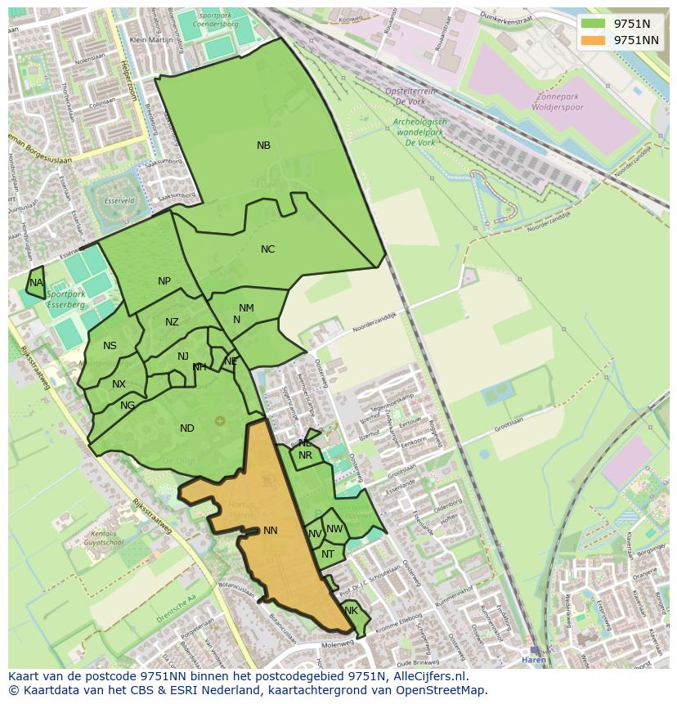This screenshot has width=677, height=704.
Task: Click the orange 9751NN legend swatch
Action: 594,39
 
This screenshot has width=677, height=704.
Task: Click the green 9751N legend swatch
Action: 594,24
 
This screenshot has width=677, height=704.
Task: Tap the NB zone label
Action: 263,146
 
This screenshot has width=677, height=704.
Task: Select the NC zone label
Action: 267,249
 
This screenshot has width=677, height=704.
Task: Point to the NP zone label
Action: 164,281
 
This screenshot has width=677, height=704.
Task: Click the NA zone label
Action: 36,283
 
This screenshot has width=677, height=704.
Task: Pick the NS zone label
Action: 110,346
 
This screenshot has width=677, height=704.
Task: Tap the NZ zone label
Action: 172,322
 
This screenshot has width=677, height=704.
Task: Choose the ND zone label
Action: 187,428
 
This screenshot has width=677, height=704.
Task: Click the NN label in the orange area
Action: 271,531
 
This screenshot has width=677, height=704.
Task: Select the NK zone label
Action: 352,611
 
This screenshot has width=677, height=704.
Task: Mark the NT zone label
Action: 328,554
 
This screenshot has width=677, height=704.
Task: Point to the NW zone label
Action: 334,529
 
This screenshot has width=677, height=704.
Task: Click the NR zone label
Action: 305,455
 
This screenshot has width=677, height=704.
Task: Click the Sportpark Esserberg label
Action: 65,298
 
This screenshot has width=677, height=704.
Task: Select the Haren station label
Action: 534,660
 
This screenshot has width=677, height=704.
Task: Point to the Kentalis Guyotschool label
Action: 104,537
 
